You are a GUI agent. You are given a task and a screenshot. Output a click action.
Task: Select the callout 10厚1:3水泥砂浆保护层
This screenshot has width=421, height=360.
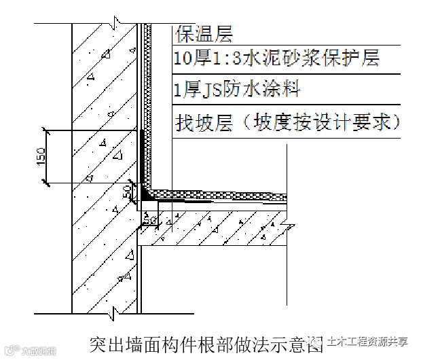[x=276, y=58]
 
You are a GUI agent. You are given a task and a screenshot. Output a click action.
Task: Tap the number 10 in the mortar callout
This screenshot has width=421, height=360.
[x=182, y=58]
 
